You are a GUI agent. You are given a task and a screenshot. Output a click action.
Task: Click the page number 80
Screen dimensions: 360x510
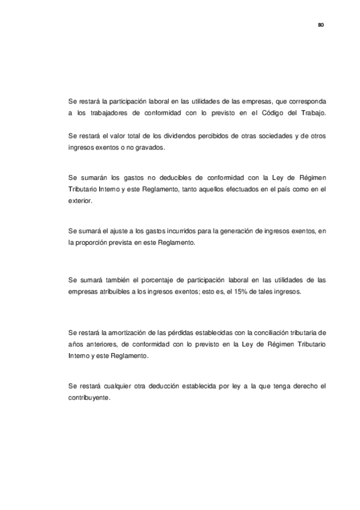click(x=321, y=25)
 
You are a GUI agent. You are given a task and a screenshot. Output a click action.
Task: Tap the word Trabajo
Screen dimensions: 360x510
click(x=313, y=112)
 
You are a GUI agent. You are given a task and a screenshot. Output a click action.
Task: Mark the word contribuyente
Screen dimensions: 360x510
click(x=90, y=397)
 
